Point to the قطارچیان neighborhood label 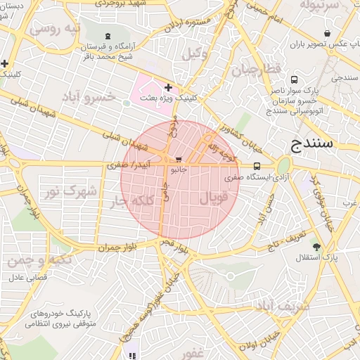pos(257,69)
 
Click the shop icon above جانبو pos(179,160)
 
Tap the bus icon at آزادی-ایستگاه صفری pos(256,167)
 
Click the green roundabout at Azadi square pos(283,167)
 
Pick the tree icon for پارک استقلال pos(316,247)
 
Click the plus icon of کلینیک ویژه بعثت pos(168,87)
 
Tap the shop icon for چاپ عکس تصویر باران pos(327,34)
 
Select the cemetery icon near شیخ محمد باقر pos(107,37)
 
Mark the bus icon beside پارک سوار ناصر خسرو pos(293,80)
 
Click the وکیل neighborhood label pos(195,54)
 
